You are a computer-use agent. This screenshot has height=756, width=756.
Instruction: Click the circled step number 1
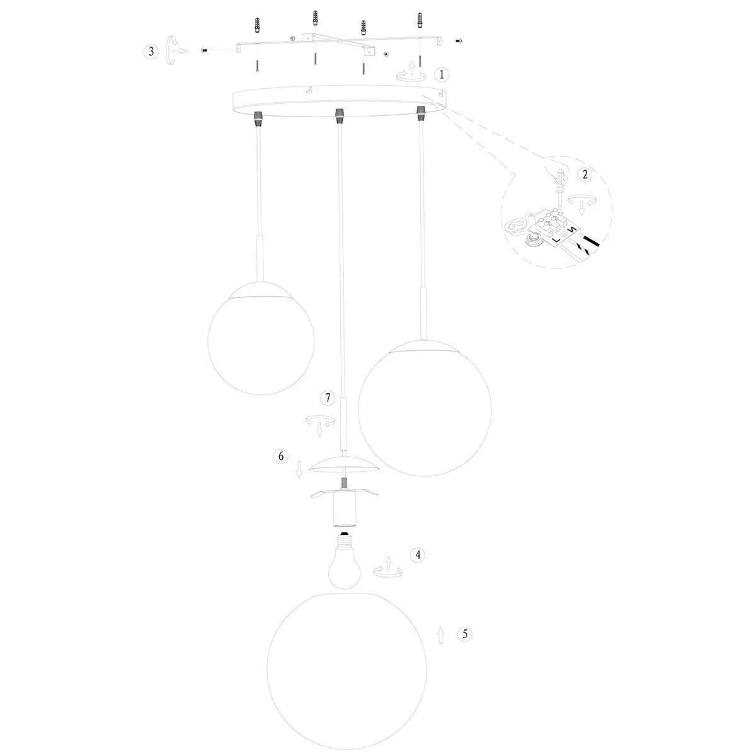tap(442, 74)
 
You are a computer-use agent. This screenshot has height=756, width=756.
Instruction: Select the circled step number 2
tap(585, 174)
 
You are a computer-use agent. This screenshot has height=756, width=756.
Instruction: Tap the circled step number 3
tap(151, 52)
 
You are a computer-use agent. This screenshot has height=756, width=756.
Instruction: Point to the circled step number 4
tap(418, 555)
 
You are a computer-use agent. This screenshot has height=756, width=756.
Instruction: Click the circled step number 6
tap(280, 456)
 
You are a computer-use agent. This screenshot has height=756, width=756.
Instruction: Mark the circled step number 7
tap(328, 398)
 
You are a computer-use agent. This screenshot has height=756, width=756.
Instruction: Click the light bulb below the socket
tap(344, 565)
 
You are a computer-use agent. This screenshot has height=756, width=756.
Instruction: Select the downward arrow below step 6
tap(299, 469)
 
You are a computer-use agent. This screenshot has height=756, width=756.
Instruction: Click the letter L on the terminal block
tap(556, 239)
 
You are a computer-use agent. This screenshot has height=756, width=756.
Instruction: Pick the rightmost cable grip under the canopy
tap(421, 113)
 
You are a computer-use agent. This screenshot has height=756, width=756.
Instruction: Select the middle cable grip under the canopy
tap(339, 116)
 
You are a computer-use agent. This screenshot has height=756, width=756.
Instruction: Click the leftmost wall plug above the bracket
tap(257, 26)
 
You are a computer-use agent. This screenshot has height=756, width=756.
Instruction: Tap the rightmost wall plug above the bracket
tap(420, 20)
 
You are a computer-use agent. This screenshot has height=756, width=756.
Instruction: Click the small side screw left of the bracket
tap(204, 50)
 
